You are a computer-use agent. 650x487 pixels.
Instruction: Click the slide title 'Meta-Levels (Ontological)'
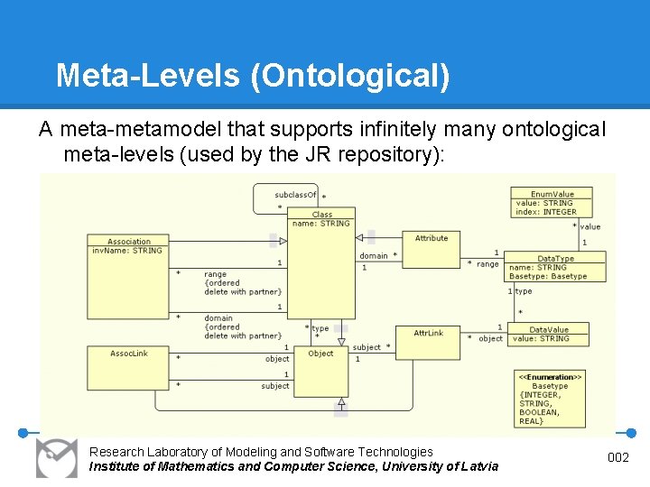click(253, 75)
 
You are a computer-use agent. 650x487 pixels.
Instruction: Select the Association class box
click(129, 251)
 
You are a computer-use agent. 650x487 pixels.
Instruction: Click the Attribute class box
click(432, 248)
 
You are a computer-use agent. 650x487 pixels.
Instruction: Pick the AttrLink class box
click(429, 342)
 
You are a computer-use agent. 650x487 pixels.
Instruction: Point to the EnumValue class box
click(553, 203)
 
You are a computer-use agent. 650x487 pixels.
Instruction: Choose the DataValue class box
click(549, 334)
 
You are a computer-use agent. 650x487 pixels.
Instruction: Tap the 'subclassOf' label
click(295, 195)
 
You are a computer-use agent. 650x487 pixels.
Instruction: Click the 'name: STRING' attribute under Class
click(322, 224)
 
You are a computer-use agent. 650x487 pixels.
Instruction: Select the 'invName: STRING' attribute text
click(127, 251)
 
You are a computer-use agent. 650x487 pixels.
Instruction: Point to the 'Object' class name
click(320, 354)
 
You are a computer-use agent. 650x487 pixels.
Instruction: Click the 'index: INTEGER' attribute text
click(546, 212)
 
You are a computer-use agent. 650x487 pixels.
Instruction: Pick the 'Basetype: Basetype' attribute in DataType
click(548, 276)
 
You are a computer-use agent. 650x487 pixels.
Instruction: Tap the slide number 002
click(617, 458)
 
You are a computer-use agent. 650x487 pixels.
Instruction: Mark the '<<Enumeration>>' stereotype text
click(550, 375)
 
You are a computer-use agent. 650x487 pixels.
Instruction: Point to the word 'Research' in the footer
click(115, 451)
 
